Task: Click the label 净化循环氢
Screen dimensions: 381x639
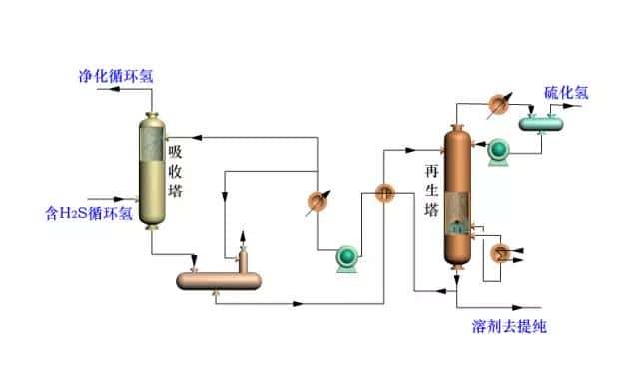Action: tap(117, 76)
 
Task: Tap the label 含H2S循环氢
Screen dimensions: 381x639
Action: tap(90, 212)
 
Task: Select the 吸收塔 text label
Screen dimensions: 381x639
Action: tap(176, 170)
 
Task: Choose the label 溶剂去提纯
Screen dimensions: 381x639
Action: tap(509, 327)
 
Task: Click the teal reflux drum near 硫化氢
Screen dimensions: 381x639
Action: tap(541, 122)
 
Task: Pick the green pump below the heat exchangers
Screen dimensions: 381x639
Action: tap(348, 258)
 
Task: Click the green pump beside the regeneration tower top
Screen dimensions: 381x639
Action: tap(496, 151)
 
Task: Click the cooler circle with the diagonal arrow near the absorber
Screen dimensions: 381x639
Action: tap(317, 201)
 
